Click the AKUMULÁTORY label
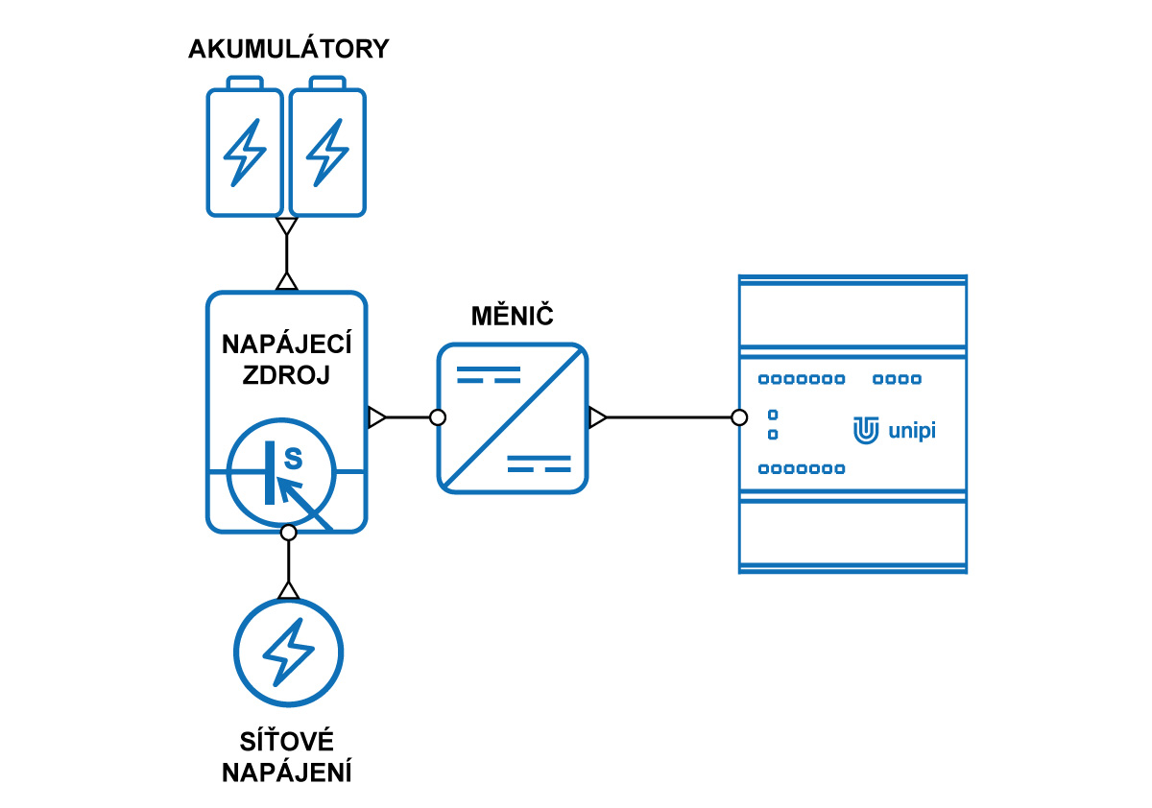(289, 48)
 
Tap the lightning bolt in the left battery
(245, 153)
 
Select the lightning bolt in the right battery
(327, 153)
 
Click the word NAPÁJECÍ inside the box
(286, 343)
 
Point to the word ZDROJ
(286, 374)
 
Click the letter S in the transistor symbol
(293, 459)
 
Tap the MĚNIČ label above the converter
(513, 315)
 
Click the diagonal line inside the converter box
(513, 418)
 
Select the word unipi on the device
(912, 431)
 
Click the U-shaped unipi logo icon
(866, 430)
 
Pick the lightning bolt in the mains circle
(289, 653)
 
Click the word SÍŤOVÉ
(286, 742)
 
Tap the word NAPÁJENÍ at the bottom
(286, 772)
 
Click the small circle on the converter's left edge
(438, 417)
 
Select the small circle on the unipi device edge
(739, 417)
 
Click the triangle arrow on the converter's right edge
(597, 417)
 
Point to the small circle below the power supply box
(289, 533)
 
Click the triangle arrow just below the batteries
(286, 226)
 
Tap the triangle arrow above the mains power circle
(289, 590)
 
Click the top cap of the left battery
(245, 83)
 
